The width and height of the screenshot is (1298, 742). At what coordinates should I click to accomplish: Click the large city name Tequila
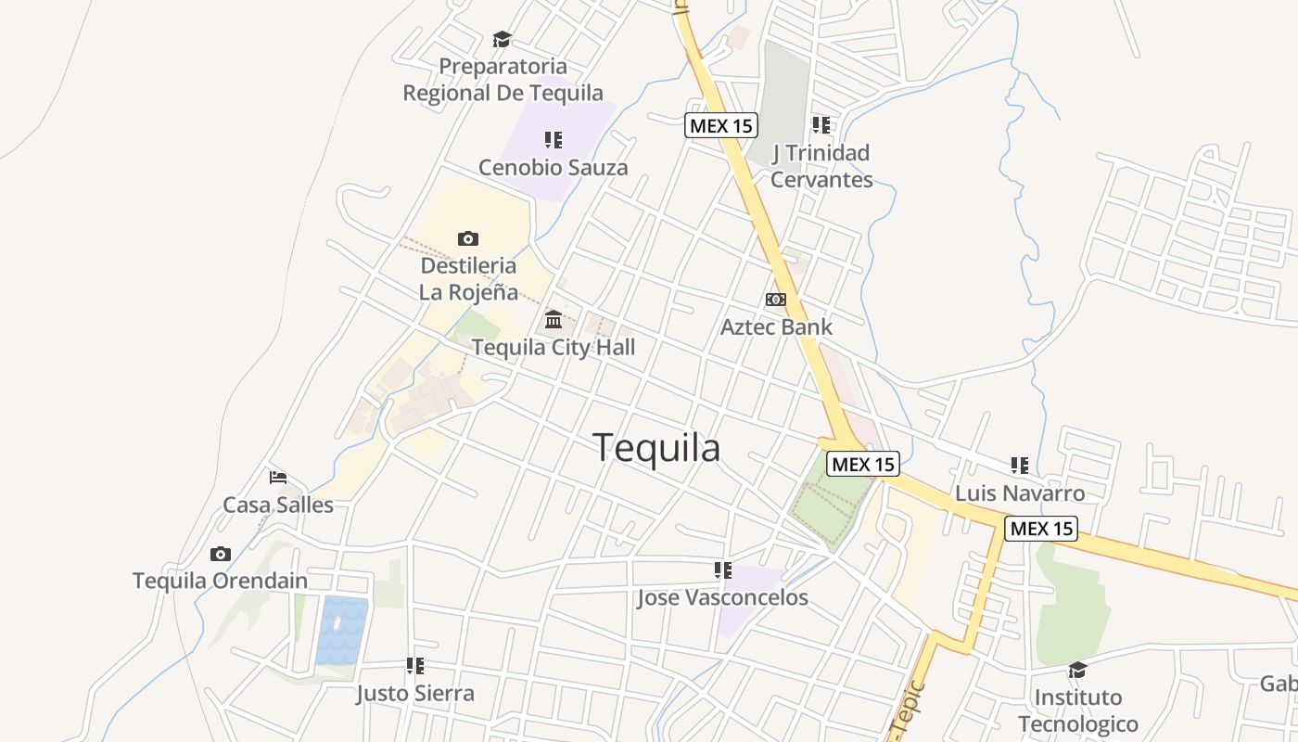656,448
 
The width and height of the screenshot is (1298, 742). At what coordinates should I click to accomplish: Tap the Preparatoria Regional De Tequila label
503,80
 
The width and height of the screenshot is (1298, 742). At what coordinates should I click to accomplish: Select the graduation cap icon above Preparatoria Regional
502,39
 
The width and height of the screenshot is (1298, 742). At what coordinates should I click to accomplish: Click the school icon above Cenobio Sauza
553,140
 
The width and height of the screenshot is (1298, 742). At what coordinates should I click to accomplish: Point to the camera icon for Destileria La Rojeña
468,238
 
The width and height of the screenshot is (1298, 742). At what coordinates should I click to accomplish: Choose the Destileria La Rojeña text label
468,278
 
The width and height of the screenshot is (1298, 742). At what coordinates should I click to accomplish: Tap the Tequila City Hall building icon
554,320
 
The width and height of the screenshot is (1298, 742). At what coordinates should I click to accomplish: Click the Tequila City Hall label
554,347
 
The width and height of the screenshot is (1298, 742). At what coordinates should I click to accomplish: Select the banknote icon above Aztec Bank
776,300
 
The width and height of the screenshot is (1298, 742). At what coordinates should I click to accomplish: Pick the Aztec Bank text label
776,326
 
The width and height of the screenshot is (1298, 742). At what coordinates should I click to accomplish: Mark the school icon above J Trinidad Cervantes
821,124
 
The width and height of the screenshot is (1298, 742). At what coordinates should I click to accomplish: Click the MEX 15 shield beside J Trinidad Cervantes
721,125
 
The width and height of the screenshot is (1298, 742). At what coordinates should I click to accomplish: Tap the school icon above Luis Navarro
1019,465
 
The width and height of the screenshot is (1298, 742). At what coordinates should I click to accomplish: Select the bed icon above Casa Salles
277,478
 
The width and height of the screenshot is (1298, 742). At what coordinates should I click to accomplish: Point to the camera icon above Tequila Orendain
220,554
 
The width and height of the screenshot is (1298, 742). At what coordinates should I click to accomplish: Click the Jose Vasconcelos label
722,598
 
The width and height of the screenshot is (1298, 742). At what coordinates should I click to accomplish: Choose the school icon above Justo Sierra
414,665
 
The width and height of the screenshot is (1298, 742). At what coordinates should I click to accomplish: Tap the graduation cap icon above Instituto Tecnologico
1077,670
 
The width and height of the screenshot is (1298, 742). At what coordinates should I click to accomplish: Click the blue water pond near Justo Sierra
341,631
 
